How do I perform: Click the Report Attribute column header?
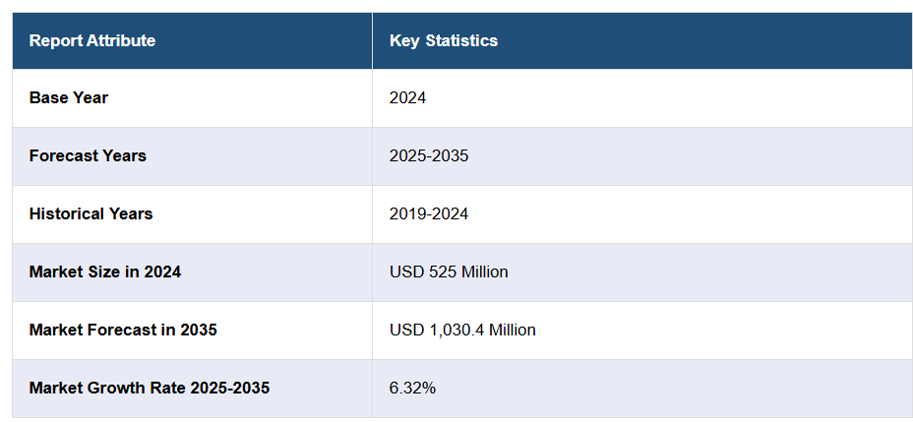coord(92,40)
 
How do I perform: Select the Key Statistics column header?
coord(444,40)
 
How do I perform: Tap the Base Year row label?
coord(69,97)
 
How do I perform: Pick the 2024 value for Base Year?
coord(408,97)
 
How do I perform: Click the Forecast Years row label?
coord(88,155)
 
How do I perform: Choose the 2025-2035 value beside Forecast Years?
coord(429,155)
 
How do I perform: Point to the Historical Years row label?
coord(91,213)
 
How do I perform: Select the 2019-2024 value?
coord(429,213)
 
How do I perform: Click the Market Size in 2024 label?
coord(105,271)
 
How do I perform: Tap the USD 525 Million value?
coord(449,271)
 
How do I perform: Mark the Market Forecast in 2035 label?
coord(123,330)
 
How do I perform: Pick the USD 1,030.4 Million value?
coord(462,330)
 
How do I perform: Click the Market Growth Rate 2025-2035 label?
coord(150,388)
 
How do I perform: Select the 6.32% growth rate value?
coord(412,388)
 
